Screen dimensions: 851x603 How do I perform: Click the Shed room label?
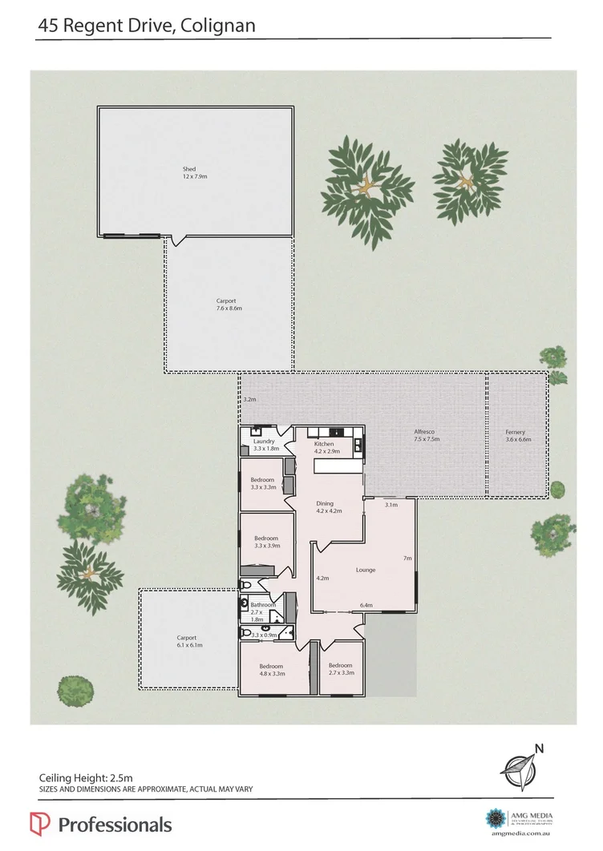pos(189,169)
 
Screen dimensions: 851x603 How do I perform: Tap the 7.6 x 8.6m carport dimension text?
pos(229,308)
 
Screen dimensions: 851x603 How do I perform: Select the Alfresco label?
pos(426,432)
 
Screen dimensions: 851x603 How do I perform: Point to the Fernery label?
pos(515,432)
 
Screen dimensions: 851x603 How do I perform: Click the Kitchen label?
pos(324,443)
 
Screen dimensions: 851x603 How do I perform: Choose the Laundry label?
pos(264,442)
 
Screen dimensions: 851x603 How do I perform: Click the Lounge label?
pos(366,570)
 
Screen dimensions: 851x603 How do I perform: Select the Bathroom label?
pos(263,605)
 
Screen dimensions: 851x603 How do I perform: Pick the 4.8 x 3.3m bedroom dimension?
pos(273,674)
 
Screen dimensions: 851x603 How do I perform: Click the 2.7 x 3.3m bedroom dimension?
pos(341,673)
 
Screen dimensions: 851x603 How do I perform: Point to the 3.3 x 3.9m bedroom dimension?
pos(266,546)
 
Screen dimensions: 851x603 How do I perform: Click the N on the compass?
pos(540,749)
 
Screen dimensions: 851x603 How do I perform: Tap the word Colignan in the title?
pos(220,26)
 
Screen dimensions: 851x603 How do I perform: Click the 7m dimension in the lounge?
pos(407,558)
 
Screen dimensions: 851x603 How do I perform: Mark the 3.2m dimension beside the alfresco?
pos(249,399)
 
